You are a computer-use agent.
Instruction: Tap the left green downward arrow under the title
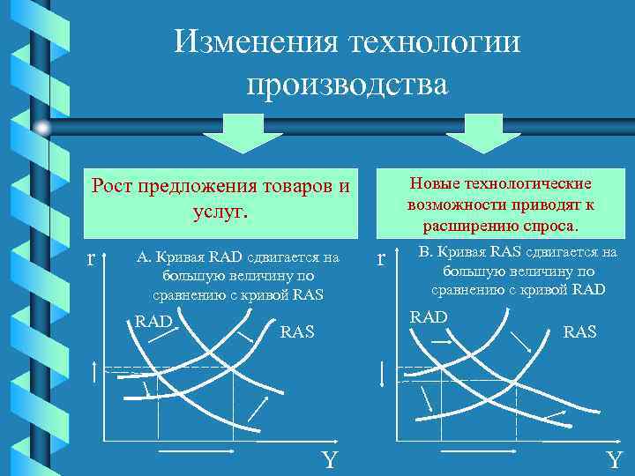[x=230, y=133]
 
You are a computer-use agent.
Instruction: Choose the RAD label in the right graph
[x=430, y=316]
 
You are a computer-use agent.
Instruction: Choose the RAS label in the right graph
[x=579, y=332]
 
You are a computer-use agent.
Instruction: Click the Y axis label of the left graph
[x=328, y=460]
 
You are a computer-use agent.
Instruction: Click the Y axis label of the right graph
[x=614, y=460]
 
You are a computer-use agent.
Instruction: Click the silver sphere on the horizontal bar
[x=43, y=128]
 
